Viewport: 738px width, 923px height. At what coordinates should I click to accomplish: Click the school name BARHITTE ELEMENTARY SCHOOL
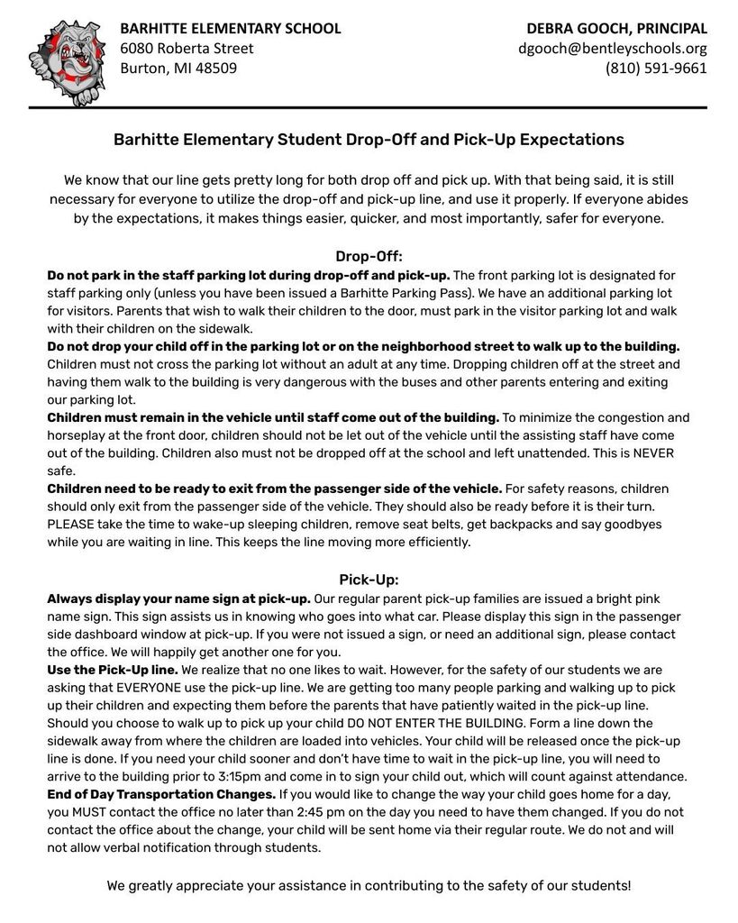coord(231,29)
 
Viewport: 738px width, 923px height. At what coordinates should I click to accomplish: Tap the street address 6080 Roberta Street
coord(187,49)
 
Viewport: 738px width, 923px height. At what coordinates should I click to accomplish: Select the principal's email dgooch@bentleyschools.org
coord(612,49)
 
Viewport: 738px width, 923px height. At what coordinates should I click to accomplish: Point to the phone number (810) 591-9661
coord(656,69)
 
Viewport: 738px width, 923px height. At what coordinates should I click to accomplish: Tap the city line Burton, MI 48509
coord(178,69)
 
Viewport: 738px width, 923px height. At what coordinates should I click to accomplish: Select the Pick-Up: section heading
coord(369,580)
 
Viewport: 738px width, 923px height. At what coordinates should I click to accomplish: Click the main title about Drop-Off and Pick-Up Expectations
coord(369,140)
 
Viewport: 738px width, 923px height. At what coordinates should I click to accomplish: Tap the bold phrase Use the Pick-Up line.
coord(112,670)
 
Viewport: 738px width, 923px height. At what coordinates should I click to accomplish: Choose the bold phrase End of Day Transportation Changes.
coord(161,794)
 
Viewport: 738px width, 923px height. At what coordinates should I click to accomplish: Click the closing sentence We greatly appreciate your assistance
coord(369,885)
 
